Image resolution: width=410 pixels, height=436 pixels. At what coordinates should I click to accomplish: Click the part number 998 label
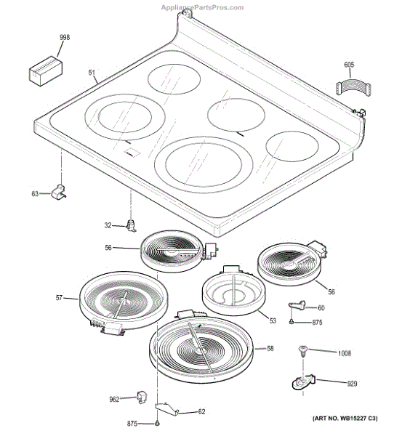point(65,37)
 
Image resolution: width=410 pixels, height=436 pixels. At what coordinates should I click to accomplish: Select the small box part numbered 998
point(44,71)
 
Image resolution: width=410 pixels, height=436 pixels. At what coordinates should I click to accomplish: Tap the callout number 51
point(92,72)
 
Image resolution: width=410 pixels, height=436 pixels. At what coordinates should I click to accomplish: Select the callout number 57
point(60,297)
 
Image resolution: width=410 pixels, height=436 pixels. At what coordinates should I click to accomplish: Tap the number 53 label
point(273,320)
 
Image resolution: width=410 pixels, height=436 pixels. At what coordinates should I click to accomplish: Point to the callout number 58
point(270,349)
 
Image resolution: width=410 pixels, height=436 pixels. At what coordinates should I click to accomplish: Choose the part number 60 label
point(321,308)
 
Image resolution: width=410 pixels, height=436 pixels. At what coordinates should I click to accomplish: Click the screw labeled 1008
point(301,352)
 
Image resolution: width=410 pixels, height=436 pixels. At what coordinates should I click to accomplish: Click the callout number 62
point(201,412)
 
